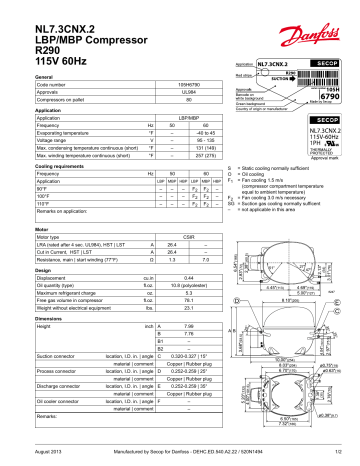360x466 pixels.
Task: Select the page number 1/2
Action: [x=339, y=455]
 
